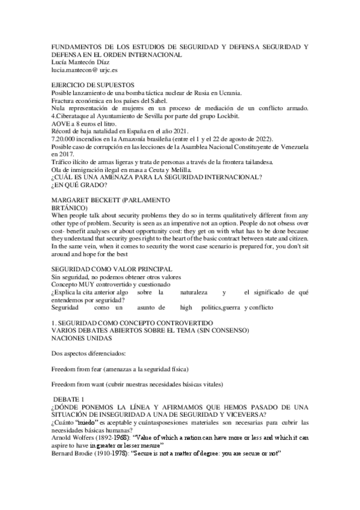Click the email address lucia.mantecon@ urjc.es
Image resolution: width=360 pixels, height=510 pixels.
coord(84,69)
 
